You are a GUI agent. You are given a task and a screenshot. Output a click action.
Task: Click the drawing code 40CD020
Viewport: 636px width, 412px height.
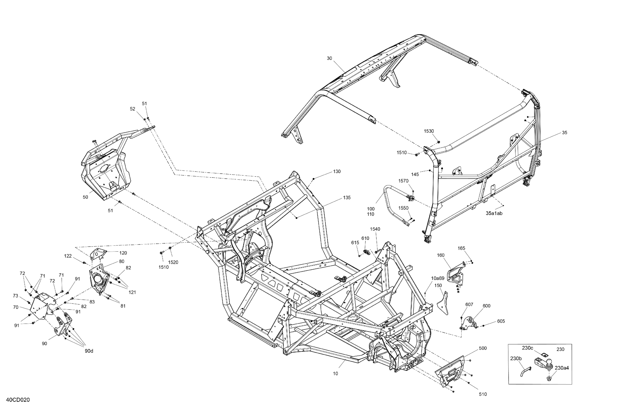click(18, 400)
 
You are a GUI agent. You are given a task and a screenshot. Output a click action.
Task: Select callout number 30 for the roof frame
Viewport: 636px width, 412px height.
click(329, 58)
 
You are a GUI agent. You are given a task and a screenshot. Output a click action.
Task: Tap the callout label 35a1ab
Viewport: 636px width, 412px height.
click(494, 213)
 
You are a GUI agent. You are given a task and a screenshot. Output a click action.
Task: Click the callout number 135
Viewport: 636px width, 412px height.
click(347, 198)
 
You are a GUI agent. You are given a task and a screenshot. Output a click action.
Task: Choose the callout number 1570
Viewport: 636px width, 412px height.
click(403, 181)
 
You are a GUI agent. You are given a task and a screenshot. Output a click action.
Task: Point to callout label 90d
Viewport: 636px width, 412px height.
click(89, 351)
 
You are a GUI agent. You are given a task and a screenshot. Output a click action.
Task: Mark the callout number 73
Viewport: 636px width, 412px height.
click(16, 296)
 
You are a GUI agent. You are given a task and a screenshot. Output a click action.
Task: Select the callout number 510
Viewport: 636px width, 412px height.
click(483, 394)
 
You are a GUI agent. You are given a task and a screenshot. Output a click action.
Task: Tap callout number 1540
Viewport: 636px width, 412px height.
click(375, 229)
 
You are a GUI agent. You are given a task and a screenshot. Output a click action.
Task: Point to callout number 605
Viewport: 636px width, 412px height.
click(501, 321)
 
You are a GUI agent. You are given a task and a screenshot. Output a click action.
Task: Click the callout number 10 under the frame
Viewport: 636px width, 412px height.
click(335, 373)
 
